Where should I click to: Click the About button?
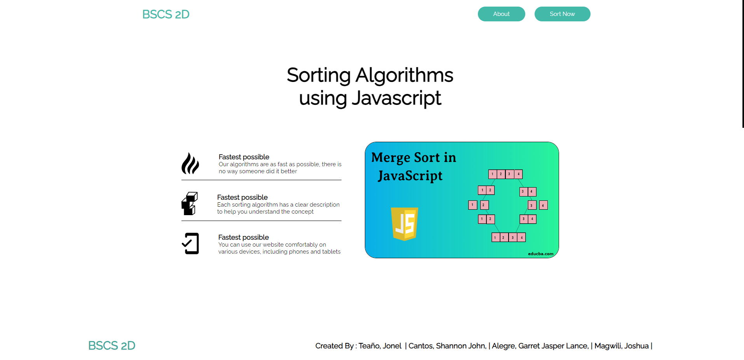tap(501, 14)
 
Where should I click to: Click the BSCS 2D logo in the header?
tap(166, 14)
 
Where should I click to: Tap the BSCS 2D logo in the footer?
tap(112, 346)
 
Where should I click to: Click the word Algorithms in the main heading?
tap(404, 75)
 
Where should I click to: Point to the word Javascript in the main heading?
tap(396, 98)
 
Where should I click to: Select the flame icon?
tap(190, 163)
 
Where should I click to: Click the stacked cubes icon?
tap(190, 203)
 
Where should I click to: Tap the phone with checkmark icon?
tap(190, 243)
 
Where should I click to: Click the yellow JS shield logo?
tap(404, 224)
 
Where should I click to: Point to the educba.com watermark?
tap(540, 254)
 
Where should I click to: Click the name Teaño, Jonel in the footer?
tap(380, 346)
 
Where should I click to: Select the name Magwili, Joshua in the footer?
tap(621, 346)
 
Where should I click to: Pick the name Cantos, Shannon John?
tap(447, 346)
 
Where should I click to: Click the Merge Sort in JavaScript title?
tap(413, 166)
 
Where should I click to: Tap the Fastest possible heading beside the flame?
tap(244, 157)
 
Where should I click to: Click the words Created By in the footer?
tap(334, 346)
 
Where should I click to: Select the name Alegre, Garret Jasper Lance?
tap(540, 346)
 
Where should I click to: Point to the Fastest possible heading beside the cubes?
tap(242, 197)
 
